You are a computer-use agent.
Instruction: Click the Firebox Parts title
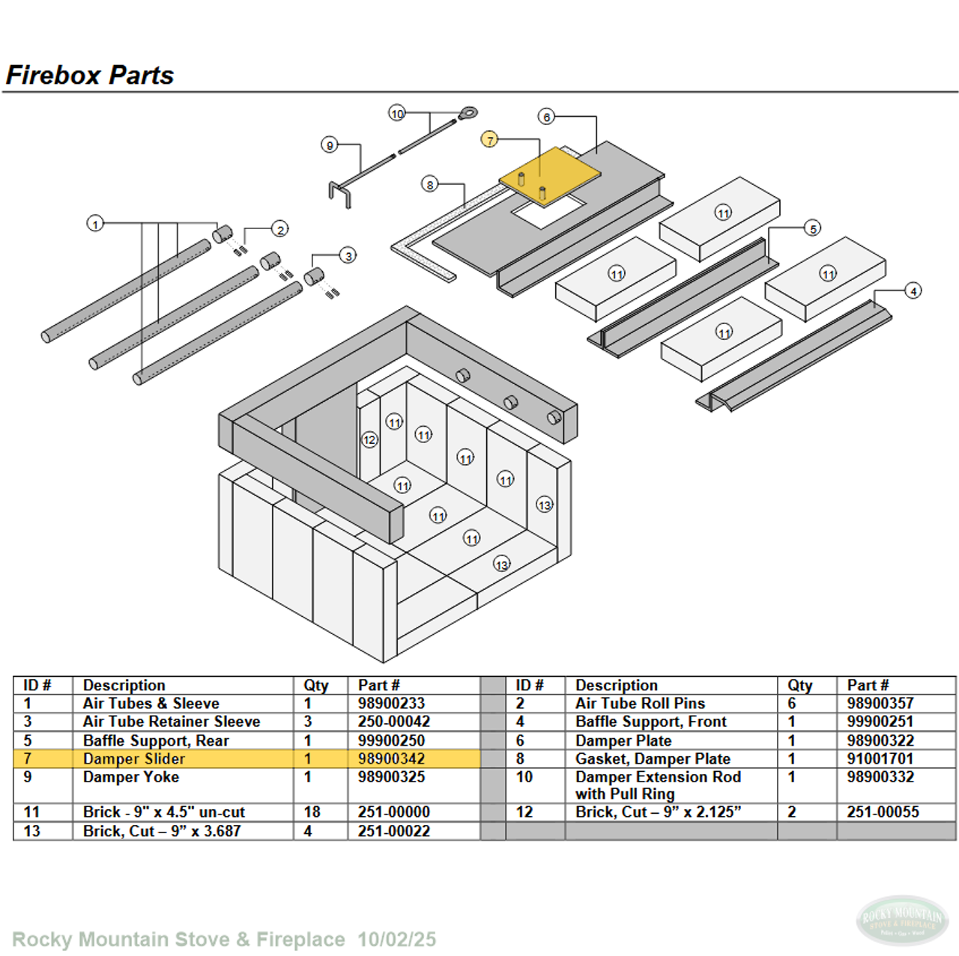(90, 75)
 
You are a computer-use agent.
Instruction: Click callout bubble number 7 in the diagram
(489, 139)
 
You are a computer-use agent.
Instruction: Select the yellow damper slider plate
(551, 174)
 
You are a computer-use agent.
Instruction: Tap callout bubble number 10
(397, 113)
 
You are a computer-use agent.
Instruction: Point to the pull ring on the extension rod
(468, 114)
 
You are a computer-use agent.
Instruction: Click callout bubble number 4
(913, 290)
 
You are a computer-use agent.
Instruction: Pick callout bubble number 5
(813, 228)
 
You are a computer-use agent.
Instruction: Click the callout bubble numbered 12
(369, 439)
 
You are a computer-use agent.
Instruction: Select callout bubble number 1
(95, 223)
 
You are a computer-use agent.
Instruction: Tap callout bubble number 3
(348, 256)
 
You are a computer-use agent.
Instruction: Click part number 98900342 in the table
(391, 758)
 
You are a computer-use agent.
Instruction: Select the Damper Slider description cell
(134, 758)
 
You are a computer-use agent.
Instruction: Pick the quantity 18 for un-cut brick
(312, 812)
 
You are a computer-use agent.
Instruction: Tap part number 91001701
(880, 758)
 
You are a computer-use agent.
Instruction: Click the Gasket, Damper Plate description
(653, 758)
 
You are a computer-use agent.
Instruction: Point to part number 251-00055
(883, 812)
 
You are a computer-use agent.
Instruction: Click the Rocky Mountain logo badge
(902, 920)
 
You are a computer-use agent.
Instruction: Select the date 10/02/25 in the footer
(396, 939)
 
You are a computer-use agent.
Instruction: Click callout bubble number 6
(547, 117)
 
